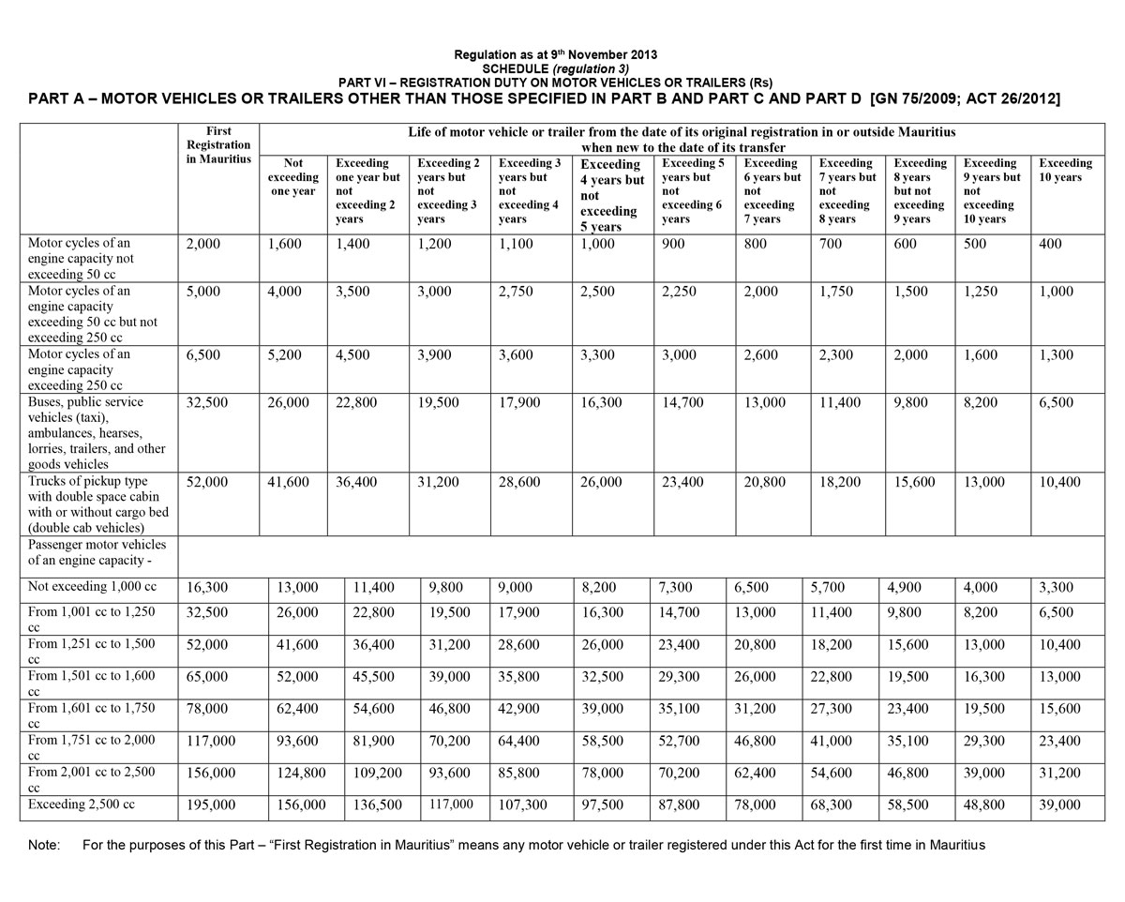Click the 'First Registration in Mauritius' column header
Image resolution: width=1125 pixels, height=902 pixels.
tap(218, 144)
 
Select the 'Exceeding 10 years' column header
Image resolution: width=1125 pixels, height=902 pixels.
tap(1065, 170)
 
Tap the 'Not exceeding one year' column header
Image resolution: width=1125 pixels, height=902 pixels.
tap(292, 176)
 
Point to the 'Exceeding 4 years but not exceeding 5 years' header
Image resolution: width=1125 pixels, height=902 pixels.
tap(609, 195)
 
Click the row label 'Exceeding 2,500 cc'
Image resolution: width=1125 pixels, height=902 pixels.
tap(82, 804)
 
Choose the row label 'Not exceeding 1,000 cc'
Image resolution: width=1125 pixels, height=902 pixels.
tap(92, 588)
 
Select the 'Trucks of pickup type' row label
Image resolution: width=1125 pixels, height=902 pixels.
tap(94, 504)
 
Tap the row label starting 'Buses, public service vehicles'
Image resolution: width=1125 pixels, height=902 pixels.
tap(97, 433)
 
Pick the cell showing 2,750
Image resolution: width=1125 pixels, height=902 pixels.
tap(516, 292)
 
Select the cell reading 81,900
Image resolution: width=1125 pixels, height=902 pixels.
tap(375, 741)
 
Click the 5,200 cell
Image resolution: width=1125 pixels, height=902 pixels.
tap(285, 355)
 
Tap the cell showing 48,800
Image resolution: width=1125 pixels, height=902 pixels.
tap(984, 804)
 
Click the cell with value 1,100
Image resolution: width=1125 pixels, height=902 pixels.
tap(516, 244)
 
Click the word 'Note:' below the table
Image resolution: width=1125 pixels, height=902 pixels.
tap(44, 846)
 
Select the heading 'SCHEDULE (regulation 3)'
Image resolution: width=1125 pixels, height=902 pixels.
tap(555, 68)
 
